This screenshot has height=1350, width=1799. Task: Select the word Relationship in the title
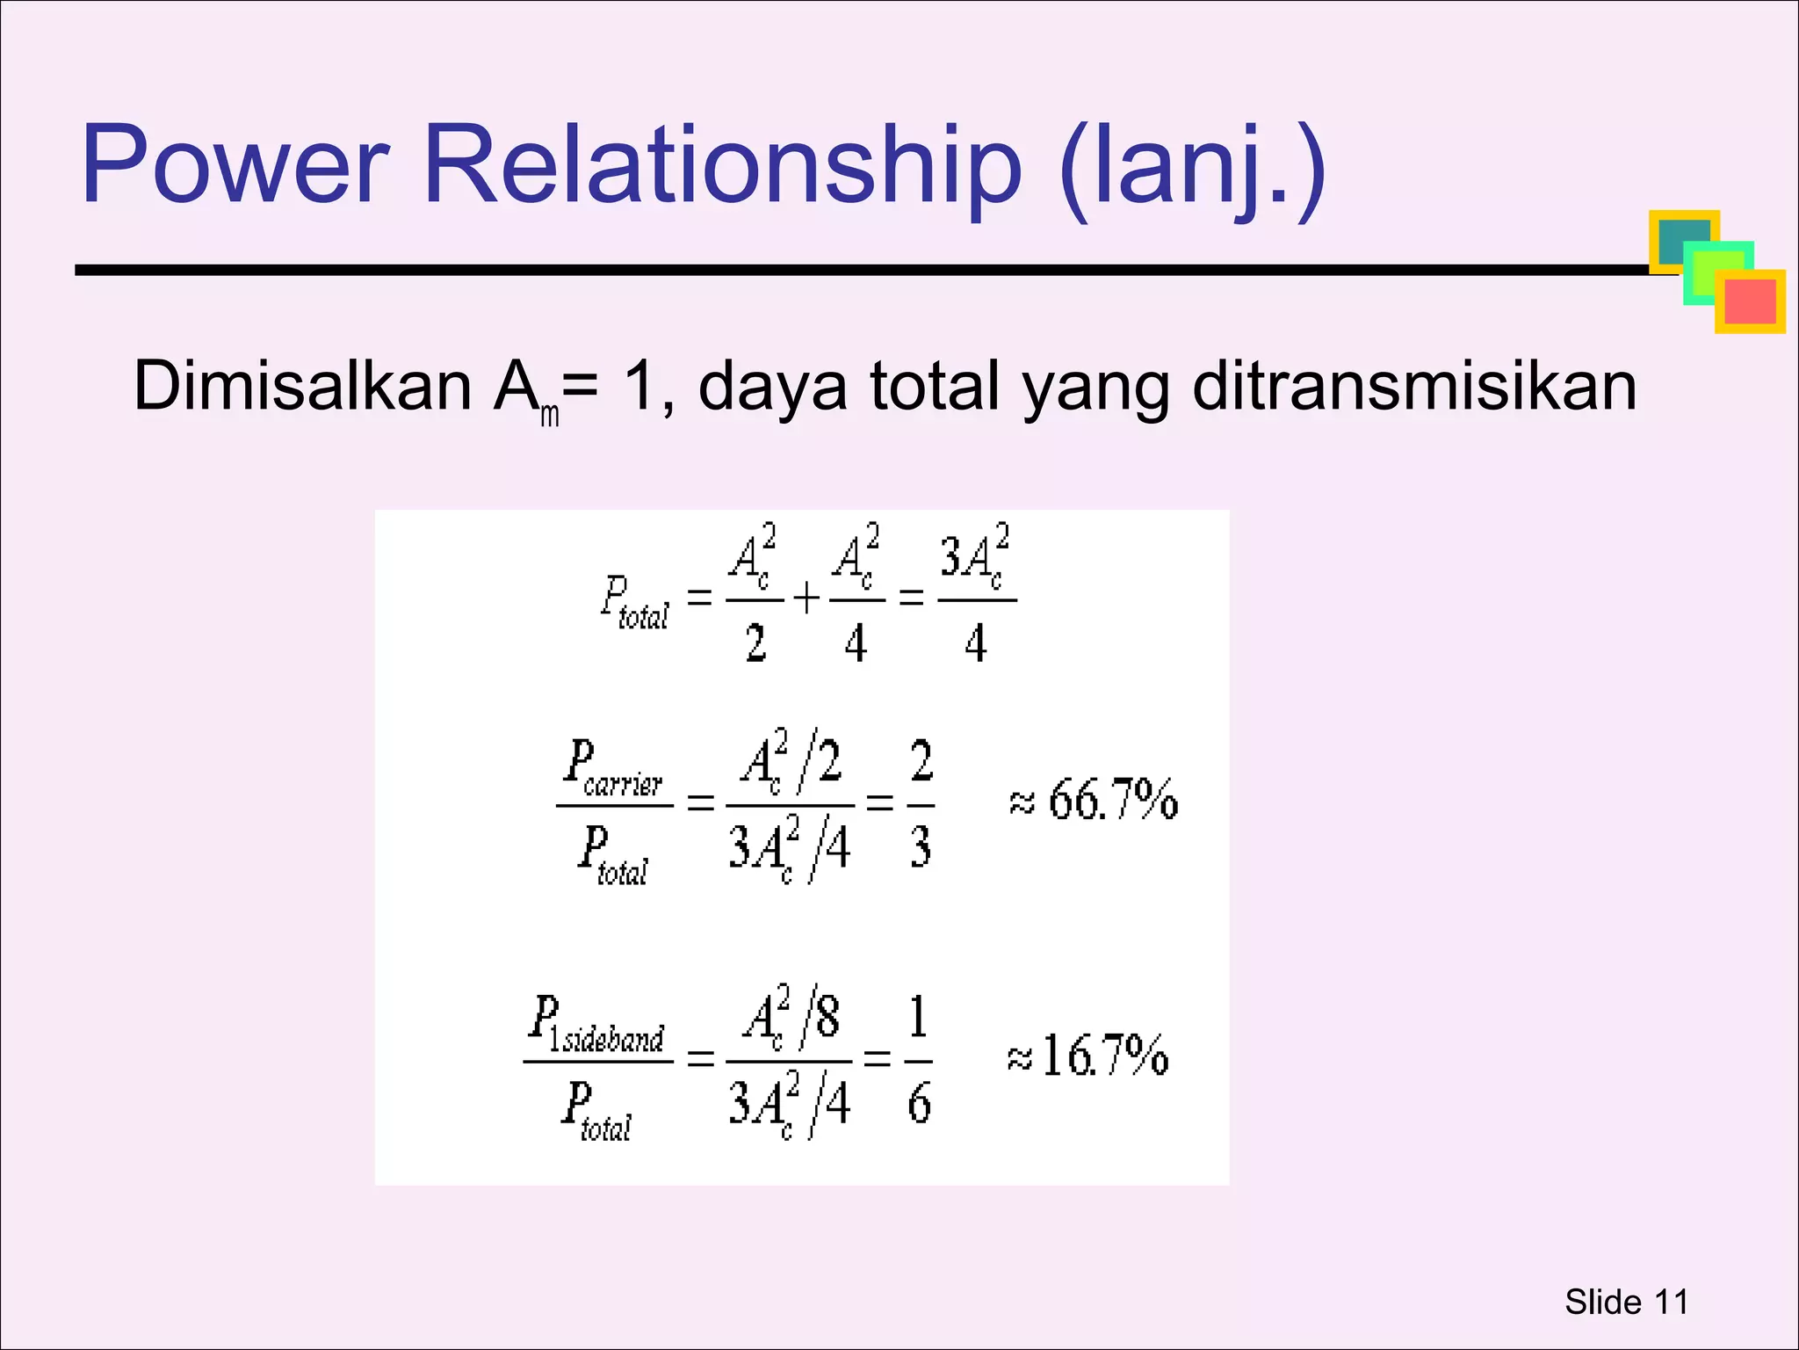722,166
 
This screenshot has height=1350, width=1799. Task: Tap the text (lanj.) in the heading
1192,169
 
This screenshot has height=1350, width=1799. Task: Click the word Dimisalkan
302,387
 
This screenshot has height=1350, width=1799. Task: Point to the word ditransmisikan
1414,387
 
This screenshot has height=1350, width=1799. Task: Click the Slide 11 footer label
1626,1302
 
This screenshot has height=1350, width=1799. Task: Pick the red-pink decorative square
1751,302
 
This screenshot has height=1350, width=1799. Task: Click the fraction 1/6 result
919,1059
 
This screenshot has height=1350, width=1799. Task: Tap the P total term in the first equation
634,603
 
